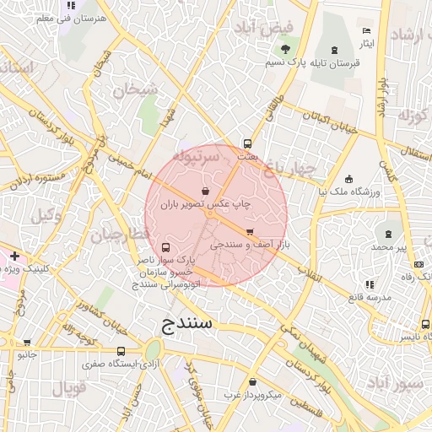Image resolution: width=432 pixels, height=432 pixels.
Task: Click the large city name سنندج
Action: pyautogui.click(x=189, y=323)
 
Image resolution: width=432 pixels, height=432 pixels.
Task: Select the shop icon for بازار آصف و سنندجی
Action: pyautogui.click(x=250, y=231)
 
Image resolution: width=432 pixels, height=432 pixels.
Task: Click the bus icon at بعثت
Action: pyautogui.click(x=247, y=143)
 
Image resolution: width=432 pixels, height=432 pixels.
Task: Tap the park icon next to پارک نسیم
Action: pyautogui.click(x=286, y=49)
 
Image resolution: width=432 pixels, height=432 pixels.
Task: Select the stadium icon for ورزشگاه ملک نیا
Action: pyautogui.click(x=349, y=179)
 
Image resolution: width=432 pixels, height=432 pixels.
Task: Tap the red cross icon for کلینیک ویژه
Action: pyautogui.click(x=13, y=255)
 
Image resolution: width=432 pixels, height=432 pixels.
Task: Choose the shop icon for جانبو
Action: pyautogui.click(x=28, y=343)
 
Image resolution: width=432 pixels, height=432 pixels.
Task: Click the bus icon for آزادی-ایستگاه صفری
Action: pyautogui.click(x=121, y=351)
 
